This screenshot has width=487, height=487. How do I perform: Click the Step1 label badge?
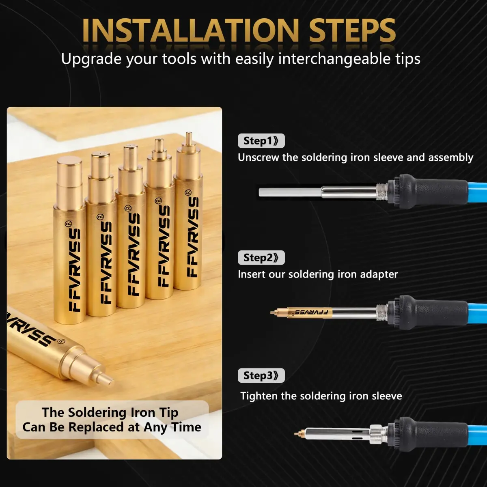pyautogui.click(x=261, y=140)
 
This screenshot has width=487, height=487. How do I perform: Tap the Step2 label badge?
pyautogui.click(x=261, y=258)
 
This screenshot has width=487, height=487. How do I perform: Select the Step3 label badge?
pyautogui.click(x=261, y=375)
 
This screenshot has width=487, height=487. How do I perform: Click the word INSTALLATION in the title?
pyautogui.click(x=191, y=30)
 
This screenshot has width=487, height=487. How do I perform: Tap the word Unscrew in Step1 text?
pyautogui.click(x=259, y=157)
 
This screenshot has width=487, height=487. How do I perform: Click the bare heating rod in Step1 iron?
pyautogui.click(x=290, y=192)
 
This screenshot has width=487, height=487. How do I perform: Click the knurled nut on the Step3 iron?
pyautogui.click(x=378, y=434)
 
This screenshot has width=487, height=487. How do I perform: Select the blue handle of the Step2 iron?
pyautogui.click(x=478, y=313)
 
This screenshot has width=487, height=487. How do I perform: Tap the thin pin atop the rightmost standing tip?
pyautogui.click(x=189, y=138)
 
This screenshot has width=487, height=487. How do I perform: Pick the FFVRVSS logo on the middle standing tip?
pyautogui.click(x=134, y=254)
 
